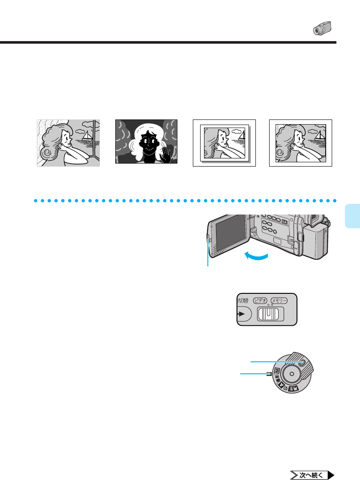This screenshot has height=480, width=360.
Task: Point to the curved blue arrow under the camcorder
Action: (x=256, y=256)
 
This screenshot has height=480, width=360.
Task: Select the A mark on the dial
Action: (x=282, y=384)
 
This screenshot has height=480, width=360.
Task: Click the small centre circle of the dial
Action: (x=291, y=374)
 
